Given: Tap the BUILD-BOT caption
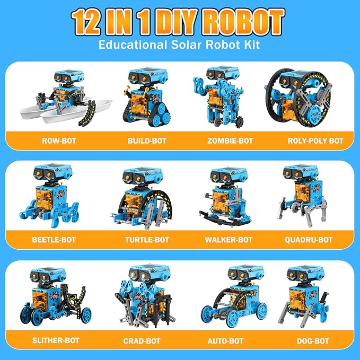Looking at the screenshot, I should [147, 141].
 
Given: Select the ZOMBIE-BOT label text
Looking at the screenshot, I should [229, 141].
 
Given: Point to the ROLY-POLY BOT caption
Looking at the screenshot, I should [315, 141].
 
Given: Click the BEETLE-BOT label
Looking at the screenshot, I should [54, 240].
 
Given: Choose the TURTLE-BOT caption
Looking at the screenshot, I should [147, 240].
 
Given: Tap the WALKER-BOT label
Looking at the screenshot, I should [229, 240].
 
